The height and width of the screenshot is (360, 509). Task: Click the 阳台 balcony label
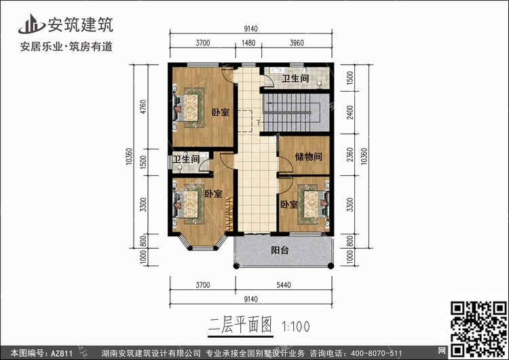[280, 251]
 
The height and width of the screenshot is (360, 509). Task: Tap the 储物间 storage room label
[308, 157]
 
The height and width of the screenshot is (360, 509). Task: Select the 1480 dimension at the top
[248, 43]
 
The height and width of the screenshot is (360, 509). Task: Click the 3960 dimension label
[297, 43]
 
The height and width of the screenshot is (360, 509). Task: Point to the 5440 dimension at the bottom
[284, 285]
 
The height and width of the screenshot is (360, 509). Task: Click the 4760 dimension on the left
[143, 107]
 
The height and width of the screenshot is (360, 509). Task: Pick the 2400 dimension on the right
[350, 113]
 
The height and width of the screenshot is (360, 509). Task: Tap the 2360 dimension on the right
[350, 154]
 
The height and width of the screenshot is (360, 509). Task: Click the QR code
[478, 329]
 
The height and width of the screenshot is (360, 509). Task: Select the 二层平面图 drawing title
[240, 325]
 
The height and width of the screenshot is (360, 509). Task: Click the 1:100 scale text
[296, 327]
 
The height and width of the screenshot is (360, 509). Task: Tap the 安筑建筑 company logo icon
[31, 24]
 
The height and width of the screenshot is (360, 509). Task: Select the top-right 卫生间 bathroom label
[295, 78]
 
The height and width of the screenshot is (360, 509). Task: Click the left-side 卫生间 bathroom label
[186, 159]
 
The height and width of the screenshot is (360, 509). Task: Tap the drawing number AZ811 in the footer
[61, 353]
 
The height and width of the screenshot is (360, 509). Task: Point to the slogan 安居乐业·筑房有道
[67, 46]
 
